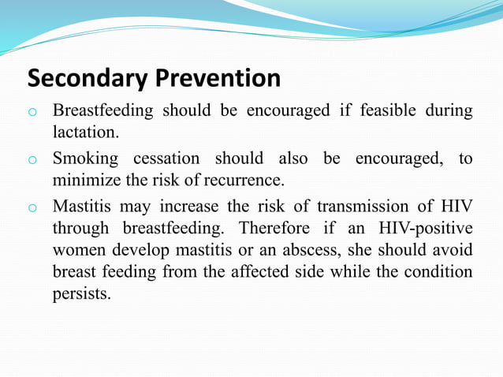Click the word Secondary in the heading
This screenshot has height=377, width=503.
[86, 79]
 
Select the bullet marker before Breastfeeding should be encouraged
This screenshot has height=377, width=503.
[32, 112]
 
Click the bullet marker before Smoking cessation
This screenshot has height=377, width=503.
[32, 161]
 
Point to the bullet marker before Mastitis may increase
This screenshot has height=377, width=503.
[32, 209]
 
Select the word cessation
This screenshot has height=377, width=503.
[163, 159]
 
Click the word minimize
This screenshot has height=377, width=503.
[84, 179]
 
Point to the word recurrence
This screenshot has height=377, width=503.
[244, 179]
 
